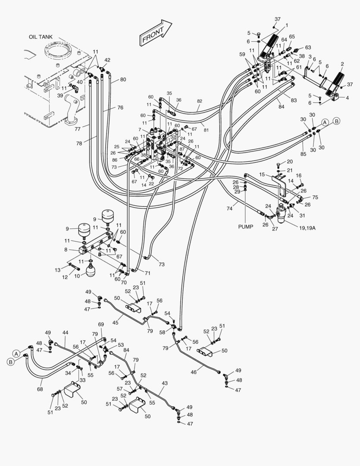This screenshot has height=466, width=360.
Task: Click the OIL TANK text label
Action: pos(41,37)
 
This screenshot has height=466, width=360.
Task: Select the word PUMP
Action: pos(246,226)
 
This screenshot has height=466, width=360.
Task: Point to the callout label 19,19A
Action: pos(306,228)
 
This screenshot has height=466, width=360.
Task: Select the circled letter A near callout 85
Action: pos(325,122)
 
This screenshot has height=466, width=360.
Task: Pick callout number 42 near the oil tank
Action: pos(107,60)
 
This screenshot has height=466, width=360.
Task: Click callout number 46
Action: pos(194,372)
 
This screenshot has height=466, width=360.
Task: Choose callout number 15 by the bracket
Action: pos(261,174)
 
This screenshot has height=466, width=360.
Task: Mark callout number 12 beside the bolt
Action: pos(65,277)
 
